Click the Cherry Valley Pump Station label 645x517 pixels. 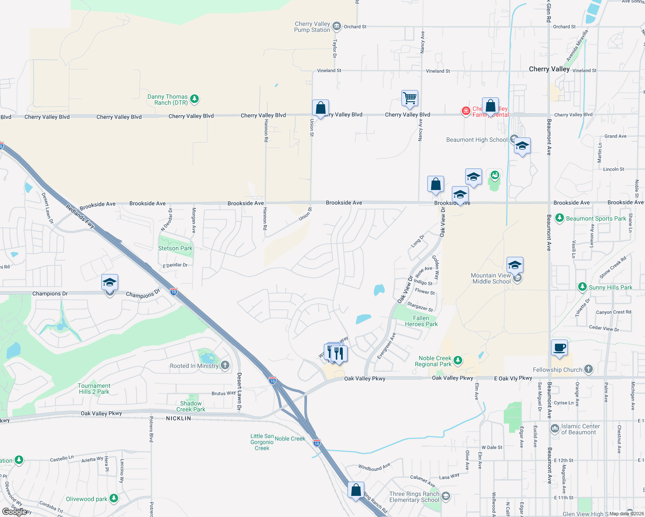[312, 27]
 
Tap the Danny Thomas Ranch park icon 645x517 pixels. [194, 99]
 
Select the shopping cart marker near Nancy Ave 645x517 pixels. [410, 98]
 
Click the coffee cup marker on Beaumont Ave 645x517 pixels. [559, 347]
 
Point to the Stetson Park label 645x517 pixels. [175, 248]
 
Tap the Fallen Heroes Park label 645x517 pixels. [421, 321]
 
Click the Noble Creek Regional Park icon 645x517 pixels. [458, 360]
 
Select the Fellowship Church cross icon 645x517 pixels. [589, 369]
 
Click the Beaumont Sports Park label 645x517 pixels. [596, 218]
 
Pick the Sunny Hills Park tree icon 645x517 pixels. [582, 287]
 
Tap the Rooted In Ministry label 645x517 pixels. [194, 366]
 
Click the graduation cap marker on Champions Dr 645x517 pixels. [110, 283]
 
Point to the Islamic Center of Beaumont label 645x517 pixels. [580, 429]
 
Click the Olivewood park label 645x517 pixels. [86, 499]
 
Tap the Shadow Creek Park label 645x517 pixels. [191, 406]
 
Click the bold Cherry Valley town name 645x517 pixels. [549, 69]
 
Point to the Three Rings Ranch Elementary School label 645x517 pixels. [414, 497]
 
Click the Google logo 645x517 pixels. [15, 511]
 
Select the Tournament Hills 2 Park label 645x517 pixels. [94, 389]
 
